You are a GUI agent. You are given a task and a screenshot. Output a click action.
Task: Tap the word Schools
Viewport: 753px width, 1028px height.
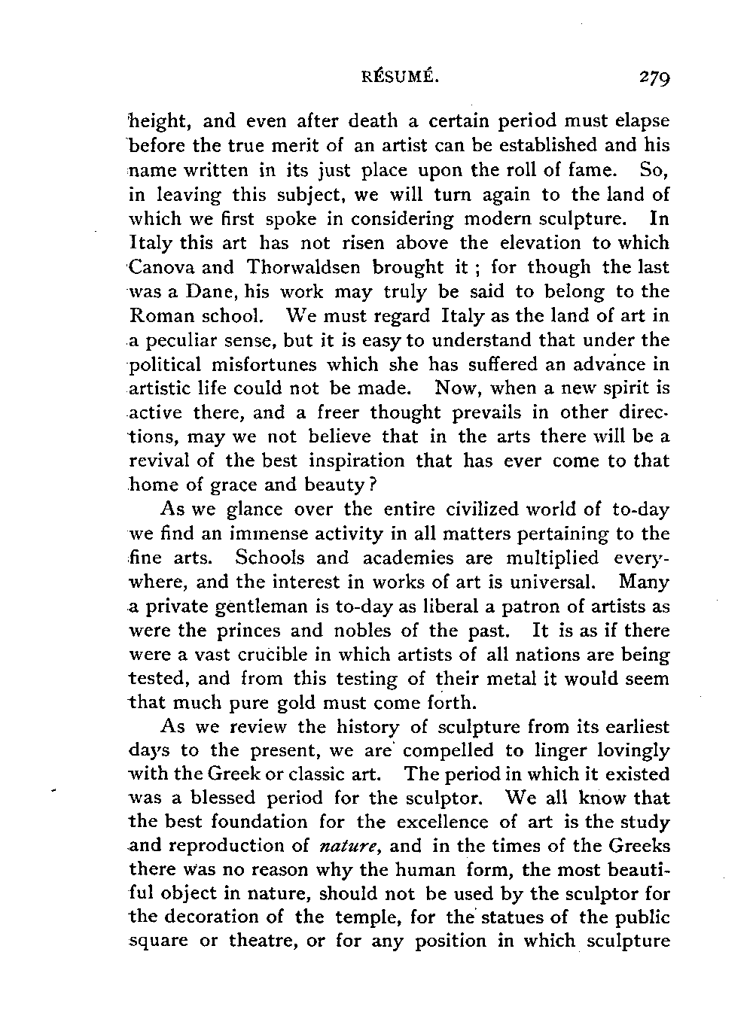(x=270, y=558)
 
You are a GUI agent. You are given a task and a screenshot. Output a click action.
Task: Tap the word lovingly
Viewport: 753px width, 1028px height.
(x=630, y=751)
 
